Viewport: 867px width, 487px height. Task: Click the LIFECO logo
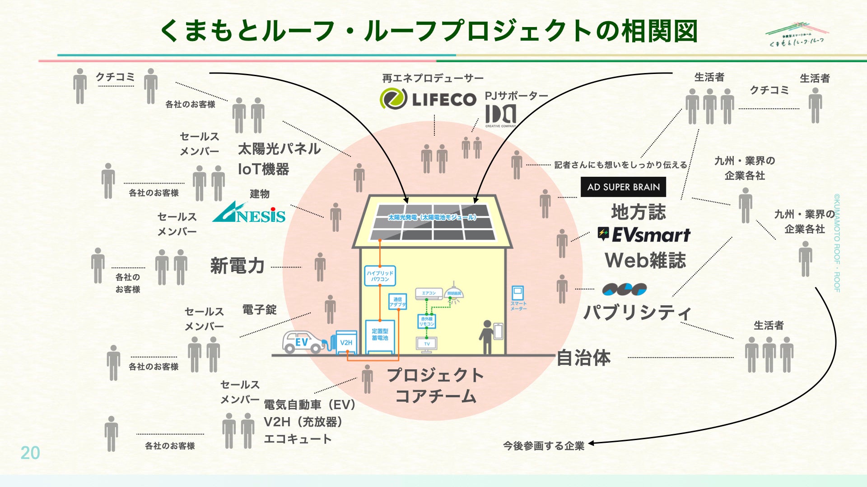click(x=428, y=99)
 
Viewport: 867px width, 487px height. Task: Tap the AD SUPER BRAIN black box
click(x=623, y=187)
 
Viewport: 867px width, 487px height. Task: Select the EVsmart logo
click(x=644, y=234)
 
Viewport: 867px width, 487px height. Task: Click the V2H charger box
click(x=346, y=342)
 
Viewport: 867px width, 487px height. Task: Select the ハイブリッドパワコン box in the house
click(x=380, y=276)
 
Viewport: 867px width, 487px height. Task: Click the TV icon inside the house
click(x=427, y=344)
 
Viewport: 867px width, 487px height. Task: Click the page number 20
click(x=30, y=453)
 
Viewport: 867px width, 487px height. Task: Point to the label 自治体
click(x=583, y=358)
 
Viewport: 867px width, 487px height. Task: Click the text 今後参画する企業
click(x=544, y=446)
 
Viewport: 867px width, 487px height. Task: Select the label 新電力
click(x=237, y=266)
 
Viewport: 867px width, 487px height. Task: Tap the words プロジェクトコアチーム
click(x=435, y=386)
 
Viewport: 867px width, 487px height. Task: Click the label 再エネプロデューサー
click(x=433, y=78)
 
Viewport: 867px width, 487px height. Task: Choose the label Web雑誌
click(x=645, y=261)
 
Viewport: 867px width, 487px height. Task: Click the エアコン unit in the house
click(x=429, y=294)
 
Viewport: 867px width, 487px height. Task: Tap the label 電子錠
click(x=259, y=310)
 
